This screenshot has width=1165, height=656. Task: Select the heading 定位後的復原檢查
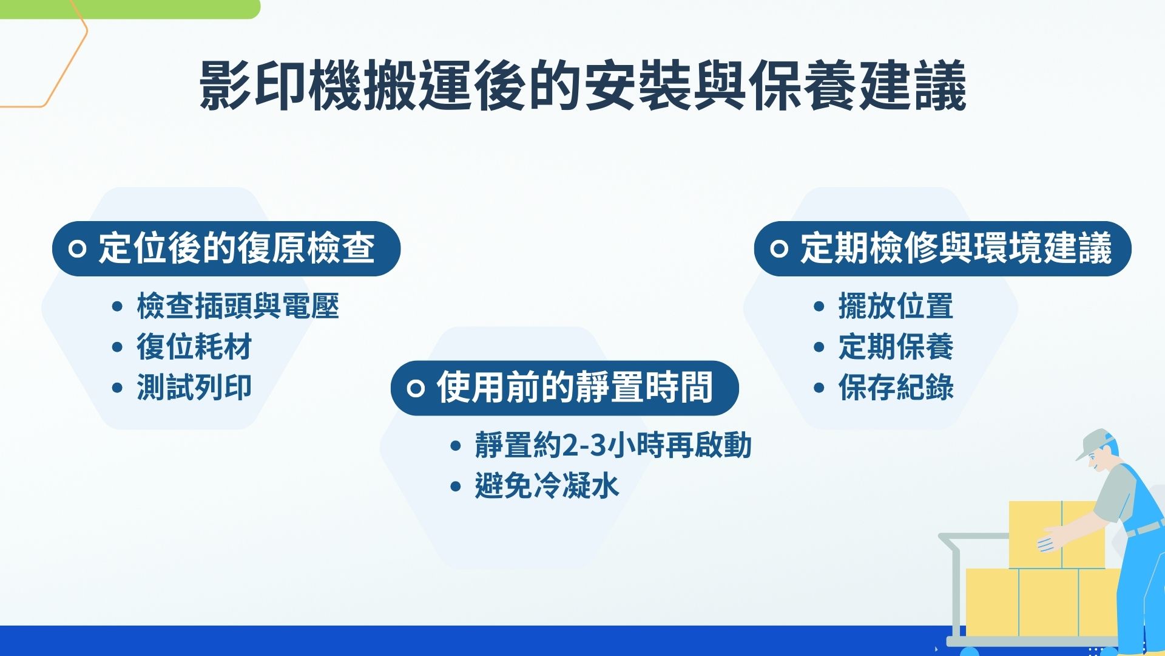click(x=237, y=248)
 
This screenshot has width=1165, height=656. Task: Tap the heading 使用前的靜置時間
click(x=574, y=388)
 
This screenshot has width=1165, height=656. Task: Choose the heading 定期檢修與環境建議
click(x=956, y=248)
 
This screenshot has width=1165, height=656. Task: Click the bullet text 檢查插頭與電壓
click(x=237, y=306)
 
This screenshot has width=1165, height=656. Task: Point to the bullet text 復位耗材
click(x=194, y=347)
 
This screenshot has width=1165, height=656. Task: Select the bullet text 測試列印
click(x=194, y=388)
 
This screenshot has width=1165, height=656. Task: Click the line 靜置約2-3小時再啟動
click(x=613, y=445)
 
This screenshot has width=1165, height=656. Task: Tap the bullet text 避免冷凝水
click(x=546, y=486)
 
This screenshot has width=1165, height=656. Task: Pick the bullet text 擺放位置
click(x=896, y=306)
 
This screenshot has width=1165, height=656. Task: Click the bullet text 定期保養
click(x=896, y=347)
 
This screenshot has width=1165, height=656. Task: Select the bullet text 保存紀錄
click(x=896, y=388)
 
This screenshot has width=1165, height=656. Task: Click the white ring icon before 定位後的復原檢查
click(x=77, y=248)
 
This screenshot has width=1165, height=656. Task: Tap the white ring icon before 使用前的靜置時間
click(x=415, y=388)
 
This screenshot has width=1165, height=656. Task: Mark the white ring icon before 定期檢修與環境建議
click(x=778, y=248)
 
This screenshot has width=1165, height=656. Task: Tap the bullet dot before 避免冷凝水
click(x=456, y=487)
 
